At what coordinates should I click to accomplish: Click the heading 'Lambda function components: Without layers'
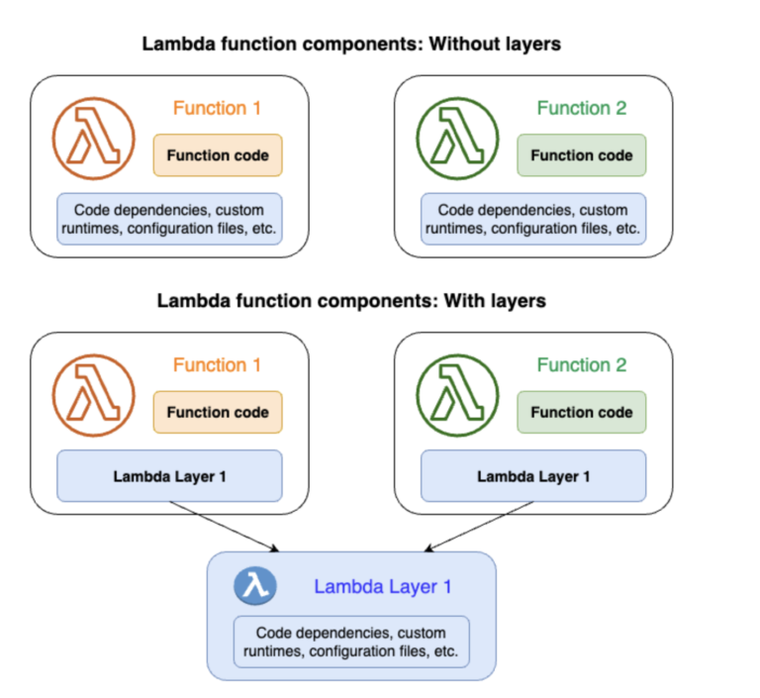point(351,45)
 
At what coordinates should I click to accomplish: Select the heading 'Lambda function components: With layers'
point(351,301)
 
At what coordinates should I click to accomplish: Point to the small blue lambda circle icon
point(255,586)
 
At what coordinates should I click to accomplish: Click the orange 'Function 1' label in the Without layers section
point(217,108)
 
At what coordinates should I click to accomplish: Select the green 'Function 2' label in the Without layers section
point(582,108)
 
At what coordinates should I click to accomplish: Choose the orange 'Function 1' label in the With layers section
point(217,365)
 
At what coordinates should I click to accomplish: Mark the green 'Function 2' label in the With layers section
point(582,365)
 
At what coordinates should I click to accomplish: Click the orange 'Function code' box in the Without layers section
point(218,155)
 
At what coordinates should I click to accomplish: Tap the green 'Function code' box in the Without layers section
point(582,155)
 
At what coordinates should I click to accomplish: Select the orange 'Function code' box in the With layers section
point(218,412)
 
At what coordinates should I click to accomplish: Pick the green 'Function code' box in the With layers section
point(582,412)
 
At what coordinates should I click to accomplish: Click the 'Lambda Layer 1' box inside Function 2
point(533,476)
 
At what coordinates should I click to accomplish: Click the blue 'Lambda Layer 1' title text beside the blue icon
point(383,586)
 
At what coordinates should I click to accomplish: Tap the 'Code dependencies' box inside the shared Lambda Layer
point(350,642)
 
